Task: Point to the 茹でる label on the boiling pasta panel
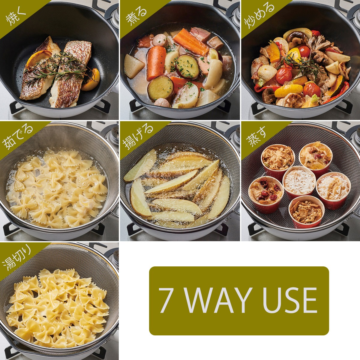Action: pos(18,137)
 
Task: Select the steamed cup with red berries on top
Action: pos(266,194)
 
